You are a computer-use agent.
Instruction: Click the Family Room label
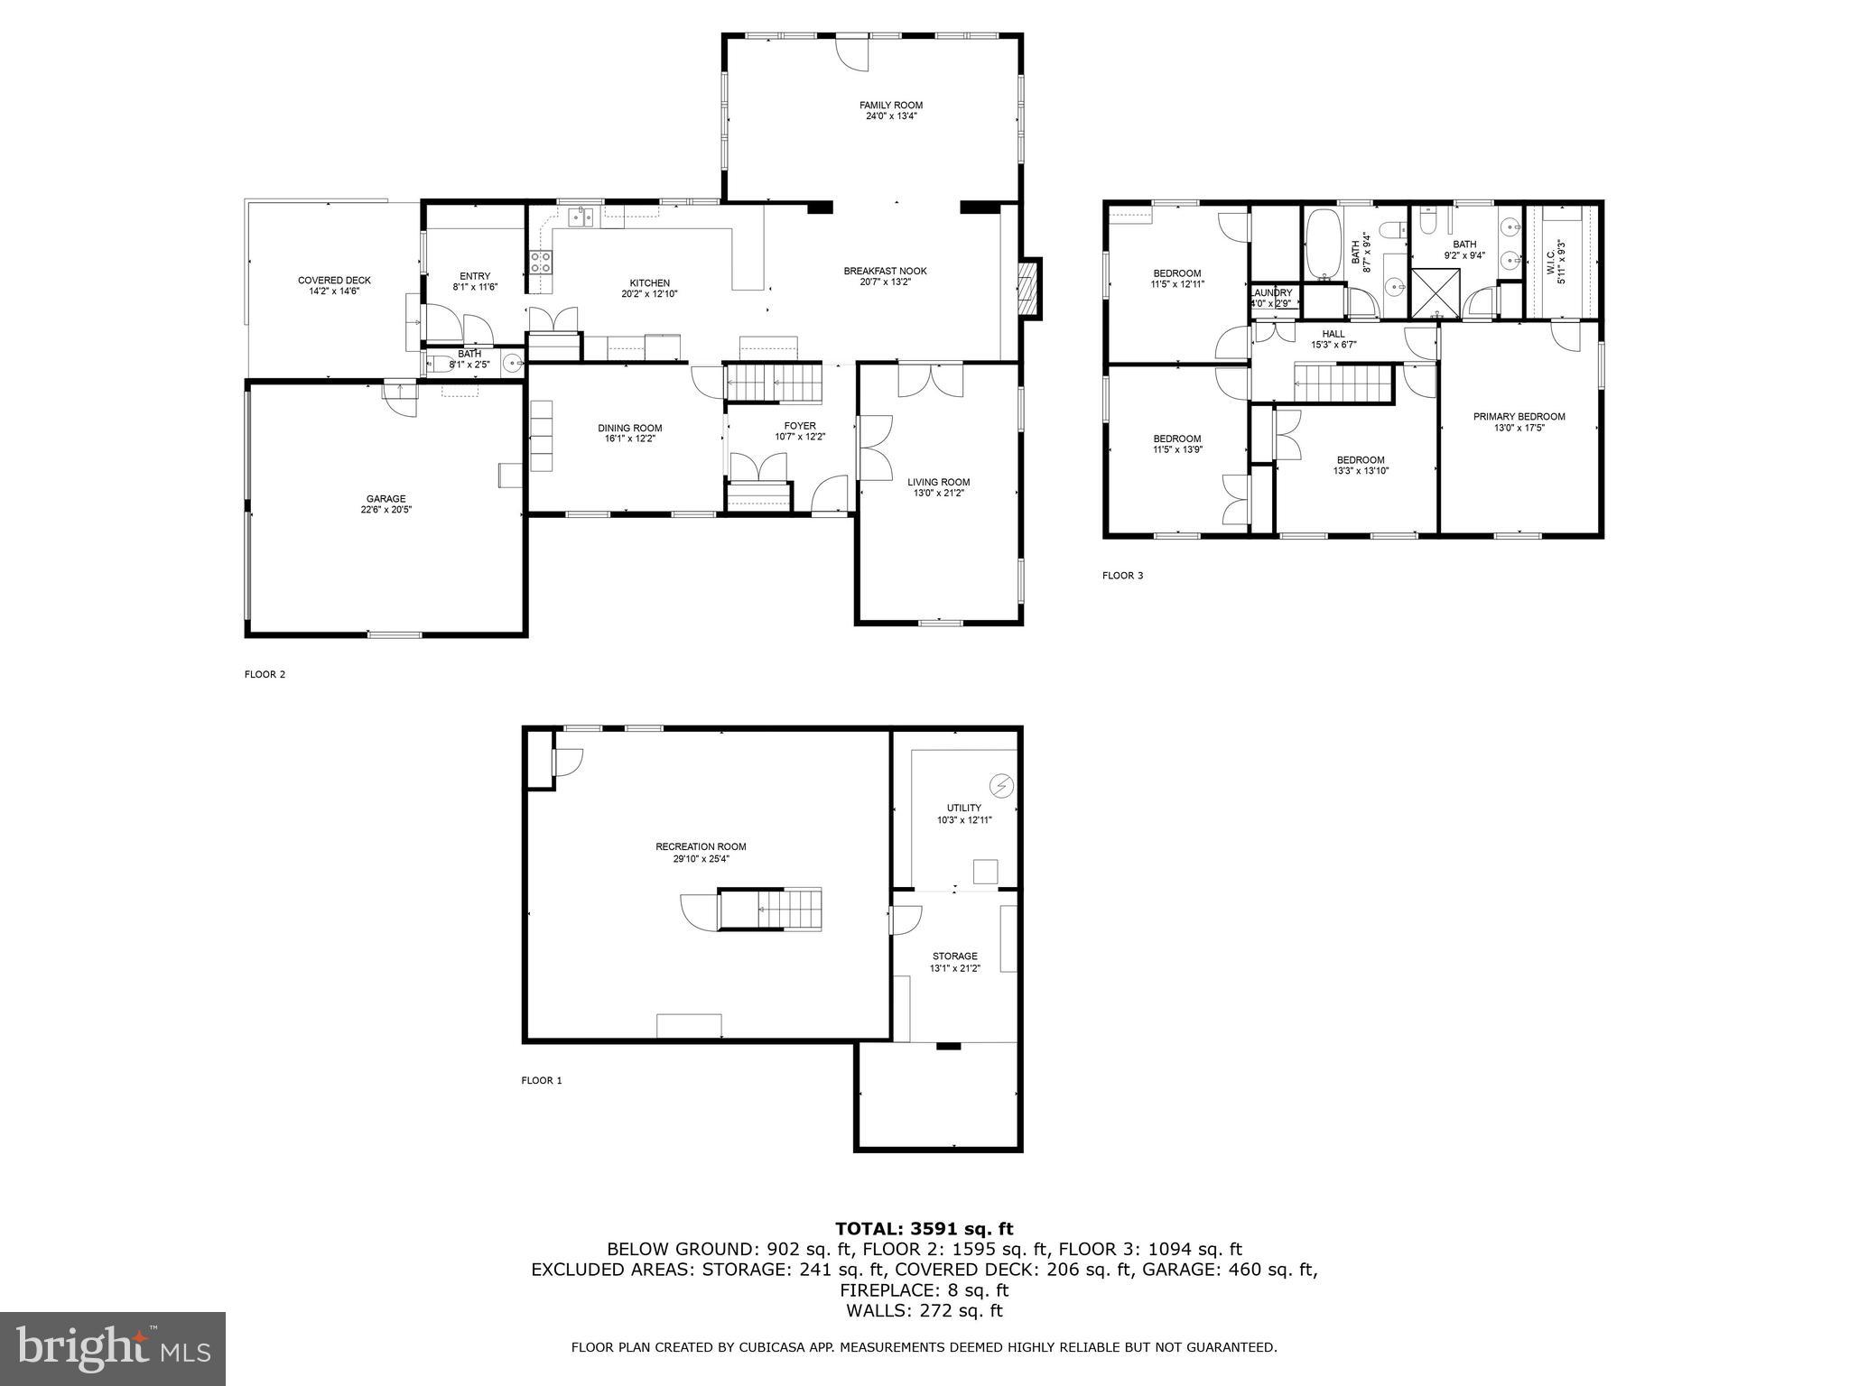(890, 106)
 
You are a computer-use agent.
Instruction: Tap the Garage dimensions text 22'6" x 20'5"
(386, 510)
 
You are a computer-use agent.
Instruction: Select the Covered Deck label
(334, 281)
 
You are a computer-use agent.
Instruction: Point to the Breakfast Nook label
(885, 271)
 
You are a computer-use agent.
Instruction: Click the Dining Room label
(629, 429)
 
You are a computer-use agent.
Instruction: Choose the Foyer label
(800, 426)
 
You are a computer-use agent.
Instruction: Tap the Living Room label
(938, 482)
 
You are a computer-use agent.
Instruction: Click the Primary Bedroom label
(1519, 417)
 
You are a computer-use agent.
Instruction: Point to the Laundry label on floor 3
(1271, 293)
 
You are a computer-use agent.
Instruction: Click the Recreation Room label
(701, 846)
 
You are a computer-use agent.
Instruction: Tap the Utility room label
(963, 808)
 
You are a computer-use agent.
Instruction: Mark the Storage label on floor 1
(954, 956)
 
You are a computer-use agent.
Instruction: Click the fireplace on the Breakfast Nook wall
(1028, 288)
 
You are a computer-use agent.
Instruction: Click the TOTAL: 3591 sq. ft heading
(924, 1228)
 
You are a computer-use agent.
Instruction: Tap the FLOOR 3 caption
(1122, 576)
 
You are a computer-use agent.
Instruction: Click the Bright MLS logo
(113, 1348)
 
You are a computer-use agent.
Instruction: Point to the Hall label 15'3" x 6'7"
(1333, 334)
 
